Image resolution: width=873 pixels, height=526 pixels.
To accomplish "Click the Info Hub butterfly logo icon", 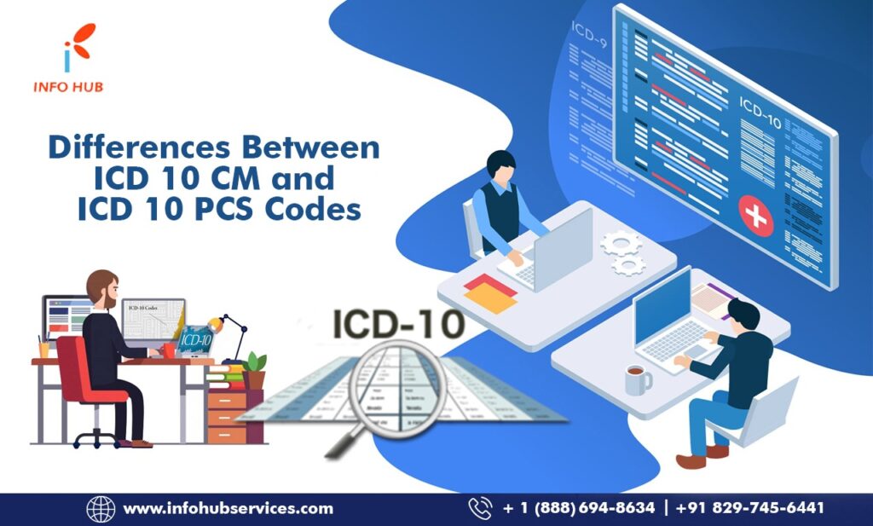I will pyautogui.click(x=79, y=49).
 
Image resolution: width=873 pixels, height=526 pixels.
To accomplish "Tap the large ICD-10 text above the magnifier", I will pyautogui.click(x=398, y=326).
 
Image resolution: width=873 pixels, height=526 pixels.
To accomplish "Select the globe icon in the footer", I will pyautogui.click(x=101, y=509).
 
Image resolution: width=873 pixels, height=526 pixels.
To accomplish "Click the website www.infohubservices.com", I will pyautogui.click(x=228, y=509).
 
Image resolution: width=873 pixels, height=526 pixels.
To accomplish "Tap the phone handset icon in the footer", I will pyautogui.click(x=480, y=509).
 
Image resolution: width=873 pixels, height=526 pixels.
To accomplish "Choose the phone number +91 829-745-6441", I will pyautogui.click(x=750, y=509).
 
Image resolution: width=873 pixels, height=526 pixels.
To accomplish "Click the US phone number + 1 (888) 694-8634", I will pyautogui.click(x=579, y=509).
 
